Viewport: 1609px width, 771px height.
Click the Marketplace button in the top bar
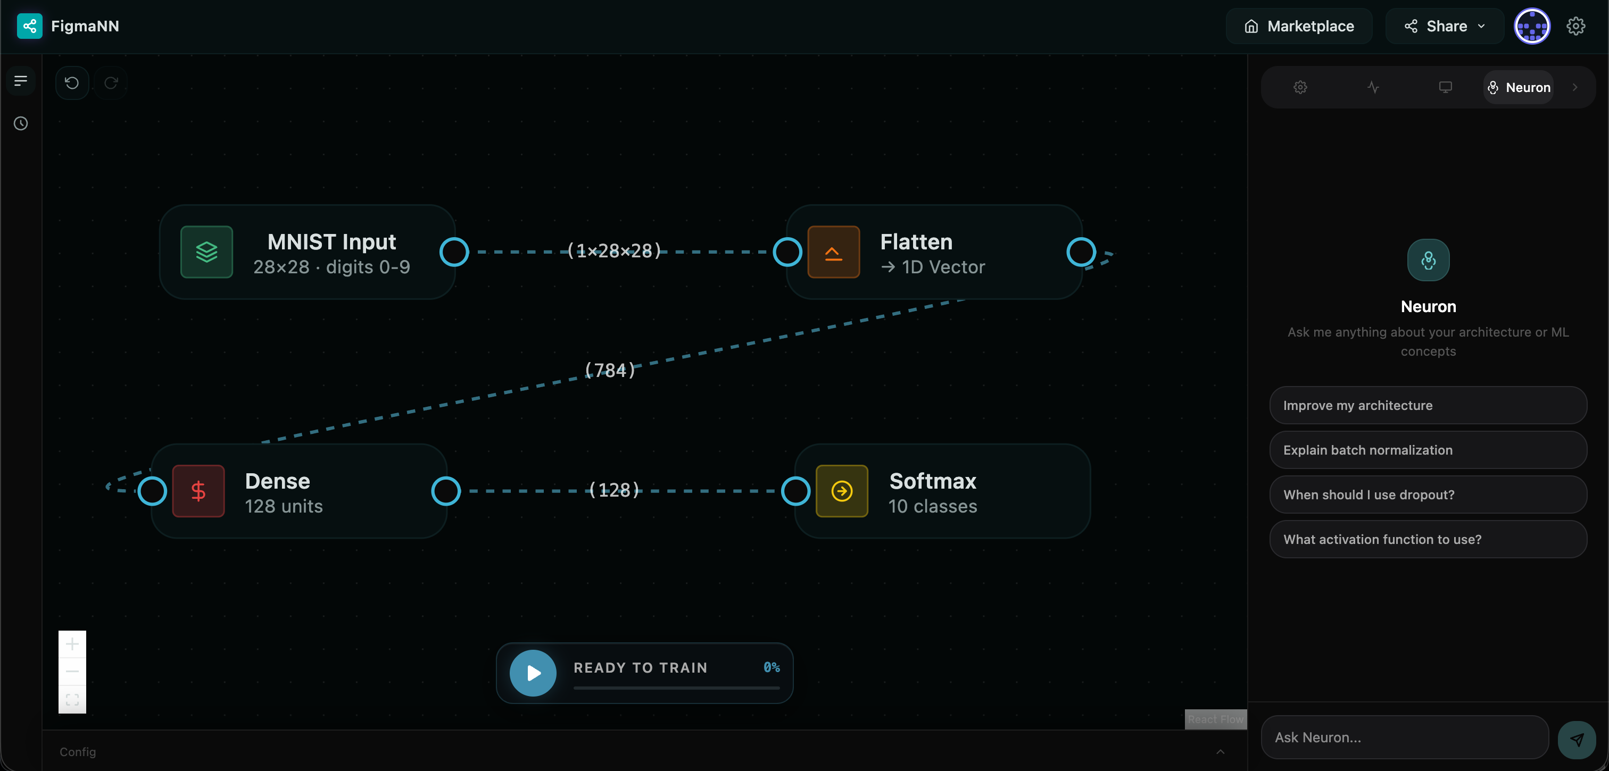pyautogui.click(x=1299, y=26)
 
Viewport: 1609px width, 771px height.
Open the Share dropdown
pyautogui.click(x=1444, y=26)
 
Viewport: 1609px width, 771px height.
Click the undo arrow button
pyautogui.click(x=72, y=82)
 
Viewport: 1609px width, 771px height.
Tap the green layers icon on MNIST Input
pyautogui.click(x=207, y=252)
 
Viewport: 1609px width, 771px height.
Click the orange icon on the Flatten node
pyautogui.click(x=833, y=252)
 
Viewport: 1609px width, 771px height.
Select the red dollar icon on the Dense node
pyautogui.click(x=198, y=491)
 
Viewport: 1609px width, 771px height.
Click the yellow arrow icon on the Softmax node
pyautogui.click(x=842, y=491)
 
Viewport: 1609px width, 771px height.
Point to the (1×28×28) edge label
pyautogui.click(x=614, y=251)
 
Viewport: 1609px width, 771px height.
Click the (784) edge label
pyautogui.click(x=610, y=370)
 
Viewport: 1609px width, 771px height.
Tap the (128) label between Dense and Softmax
pyautogui.click(x=615, y=490)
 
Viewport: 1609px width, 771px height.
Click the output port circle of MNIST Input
pyautogui.click(x=454, y=252)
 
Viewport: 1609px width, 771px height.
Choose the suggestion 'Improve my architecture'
pyautogui.click(x=1428, y=405)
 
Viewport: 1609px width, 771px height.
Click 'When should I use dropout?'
pyautogui.click(x=1428, y=495)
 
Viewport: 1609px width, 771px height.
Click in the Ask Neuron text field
pyautogui.click(x=1404, y=738)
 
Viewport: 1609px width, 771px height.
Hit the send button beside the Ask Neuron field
pyautogui.click(x=1577, y=740)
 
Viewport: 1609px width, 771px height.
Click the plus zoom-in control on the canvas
pyautogui.click(x=72, y=643)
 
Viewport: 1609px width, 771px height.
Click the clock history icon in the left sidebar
pyautogui.click(x=21, y=123)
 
